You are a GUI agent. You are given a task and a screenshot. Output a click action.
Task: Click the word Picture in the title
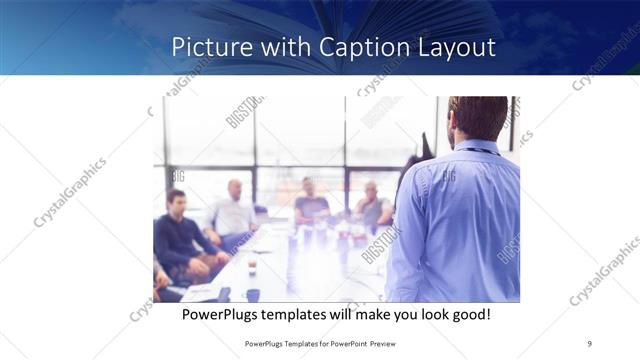tap(205, 47)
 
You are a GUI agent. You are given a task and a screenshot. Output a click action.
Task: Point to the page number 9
tap(590, 343)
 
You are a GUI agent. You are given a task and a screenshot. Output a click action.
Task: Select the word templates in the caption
tap(304, 314)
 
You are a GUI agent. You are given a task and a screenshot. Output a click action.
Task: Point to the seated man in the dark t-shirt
tap(311, 205)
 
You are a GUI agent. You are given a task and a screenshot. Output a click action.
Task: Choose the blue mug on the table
tap(252, 295)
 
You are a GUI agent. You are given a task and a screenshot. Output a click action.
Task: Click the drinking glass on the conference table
tap(252, 267)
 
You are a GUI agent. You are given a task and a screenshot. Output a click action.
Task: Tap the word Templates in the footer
tap(290, 343)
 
